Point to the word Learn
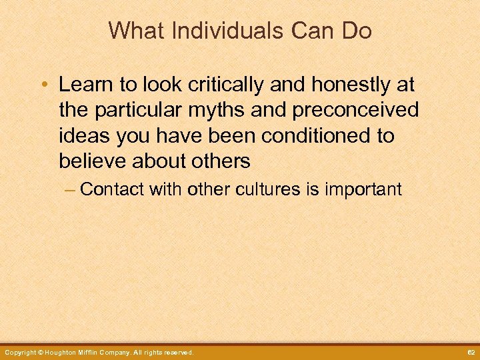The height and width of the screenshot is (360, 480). pyautogui.click(x=83, y=85)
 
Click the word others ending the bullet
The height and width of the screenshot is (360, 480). pyautogui.click(x=217, y=161)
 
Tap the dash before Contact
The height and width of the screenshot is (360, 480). pyautogui.click(x=70, y=189)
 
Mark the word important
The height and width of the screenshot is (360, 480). pyautogui.click(x=363, y=189)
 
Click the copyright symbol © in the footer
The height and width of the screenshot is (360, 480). pyautogui.click(x=41, y=352)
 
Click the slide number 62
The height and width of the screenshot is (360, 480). pyautogui.click(x=469, y=352)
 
